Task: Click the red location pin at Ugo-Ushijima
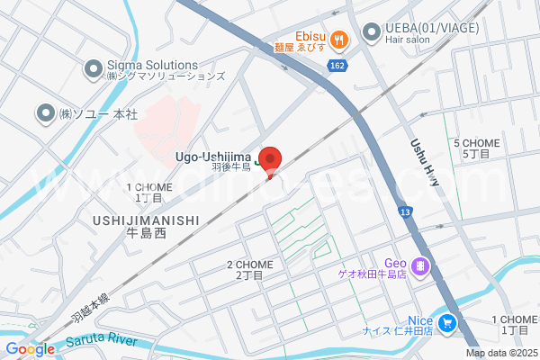pos(271,158)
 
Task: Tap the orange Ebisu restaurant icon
pos(339,39)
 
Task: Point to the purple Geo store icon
pos(419,266)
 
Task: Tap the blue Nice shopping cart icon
pos(446,322)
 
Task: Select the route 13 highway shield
pos(405,211)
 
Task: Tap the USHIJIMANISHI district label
pos(145,219)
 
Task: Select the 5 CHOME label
pos(476,143)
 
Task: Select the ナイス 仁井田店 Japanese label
pos(398,331)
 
